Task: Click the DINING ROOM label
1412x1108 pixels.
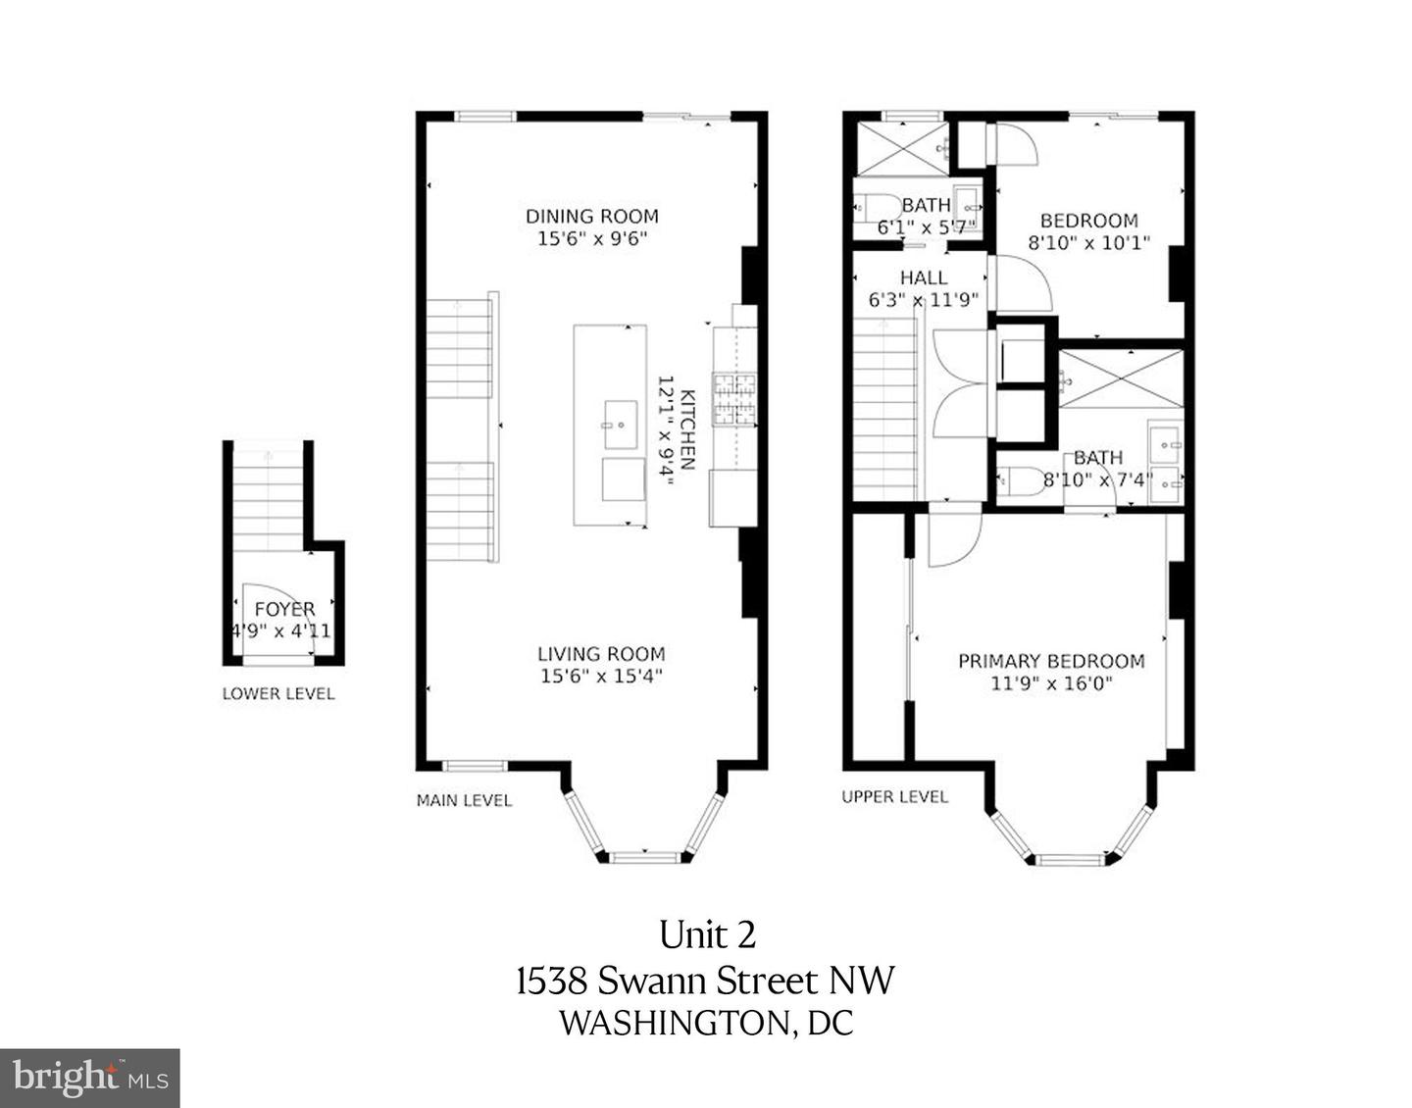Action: point(591,216)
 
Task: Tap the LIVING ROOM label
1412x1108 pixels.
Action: point(601,654)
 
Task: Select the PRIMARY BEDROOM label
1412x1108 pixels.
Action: point(1051,661)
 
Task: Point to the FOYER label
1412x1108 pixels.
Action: point(284,610)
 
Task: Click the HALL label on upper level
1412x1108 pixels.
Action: point(923,278)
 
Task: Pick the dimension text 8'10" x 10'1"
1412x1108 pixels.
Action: point(1088,242)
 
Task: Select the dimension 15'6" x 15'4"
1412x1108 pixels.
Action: point(601,676)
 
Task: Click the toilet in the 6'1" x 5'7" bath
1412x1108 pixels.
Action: point(878,208)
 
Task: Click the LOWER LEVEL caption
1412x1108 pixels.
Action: point(278,694)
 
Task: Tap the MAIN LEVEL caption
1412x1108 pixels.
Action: point(464,800)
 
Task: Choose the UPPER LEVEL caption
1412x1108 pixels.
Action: point(894,797)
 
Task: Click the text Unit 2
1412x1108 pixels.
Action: point(707,934)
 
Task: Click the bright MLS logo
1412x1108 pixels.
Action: point(89,1078)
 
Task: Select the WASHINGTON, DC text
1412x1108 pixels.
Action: point(706,1024)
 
